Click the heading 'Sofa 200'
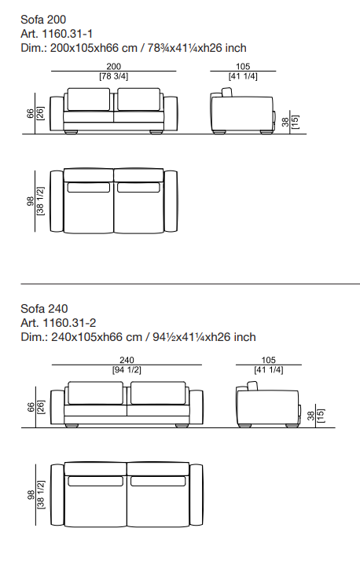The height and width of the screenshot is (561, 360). point(43,20)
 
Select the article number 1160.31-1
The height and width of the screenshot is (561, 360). point(68,34)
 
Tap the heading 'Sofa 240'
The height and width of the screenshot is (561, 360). point(44,309)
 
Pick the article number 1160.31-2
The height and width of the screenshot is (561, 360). point(69,323)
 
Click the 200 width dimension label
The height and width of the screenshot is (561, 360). point(113,66)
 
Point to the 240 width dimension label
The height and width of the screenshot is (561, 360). point(127,360)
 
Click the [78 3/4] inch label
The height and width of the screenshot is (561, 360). point(113,76)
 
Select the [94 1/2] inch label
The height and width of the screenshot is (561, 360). point(127,370)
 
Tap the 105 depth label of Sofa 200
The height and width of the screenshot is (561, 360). point(243,66)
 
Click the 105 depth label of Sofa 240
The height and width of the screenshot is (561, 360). point(268,360)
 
